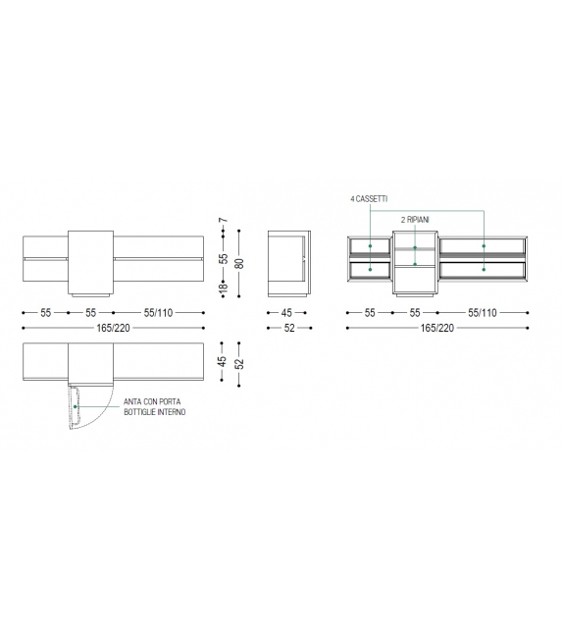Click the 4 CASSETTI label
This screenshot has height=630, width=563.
tap(369, 199)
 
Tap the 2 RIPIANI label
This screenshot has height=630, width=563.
tap(415, 220)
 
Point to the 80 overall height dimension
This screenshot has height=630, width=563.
tap(239, 264)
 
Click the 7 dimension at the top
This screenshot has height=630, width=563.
tap(224, 220)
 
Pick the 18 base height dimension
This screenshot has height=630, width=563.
tap(224, 288)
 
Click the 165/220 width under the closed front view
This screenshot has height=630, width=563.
tap(113, 329)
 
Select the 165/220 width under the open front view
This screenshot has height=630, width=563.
tap(437, 329)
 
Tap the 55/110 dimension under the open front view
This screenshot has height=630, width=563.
tap(483, 313)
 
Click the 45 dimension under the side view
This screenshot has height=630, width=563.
tap(286, 313)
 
